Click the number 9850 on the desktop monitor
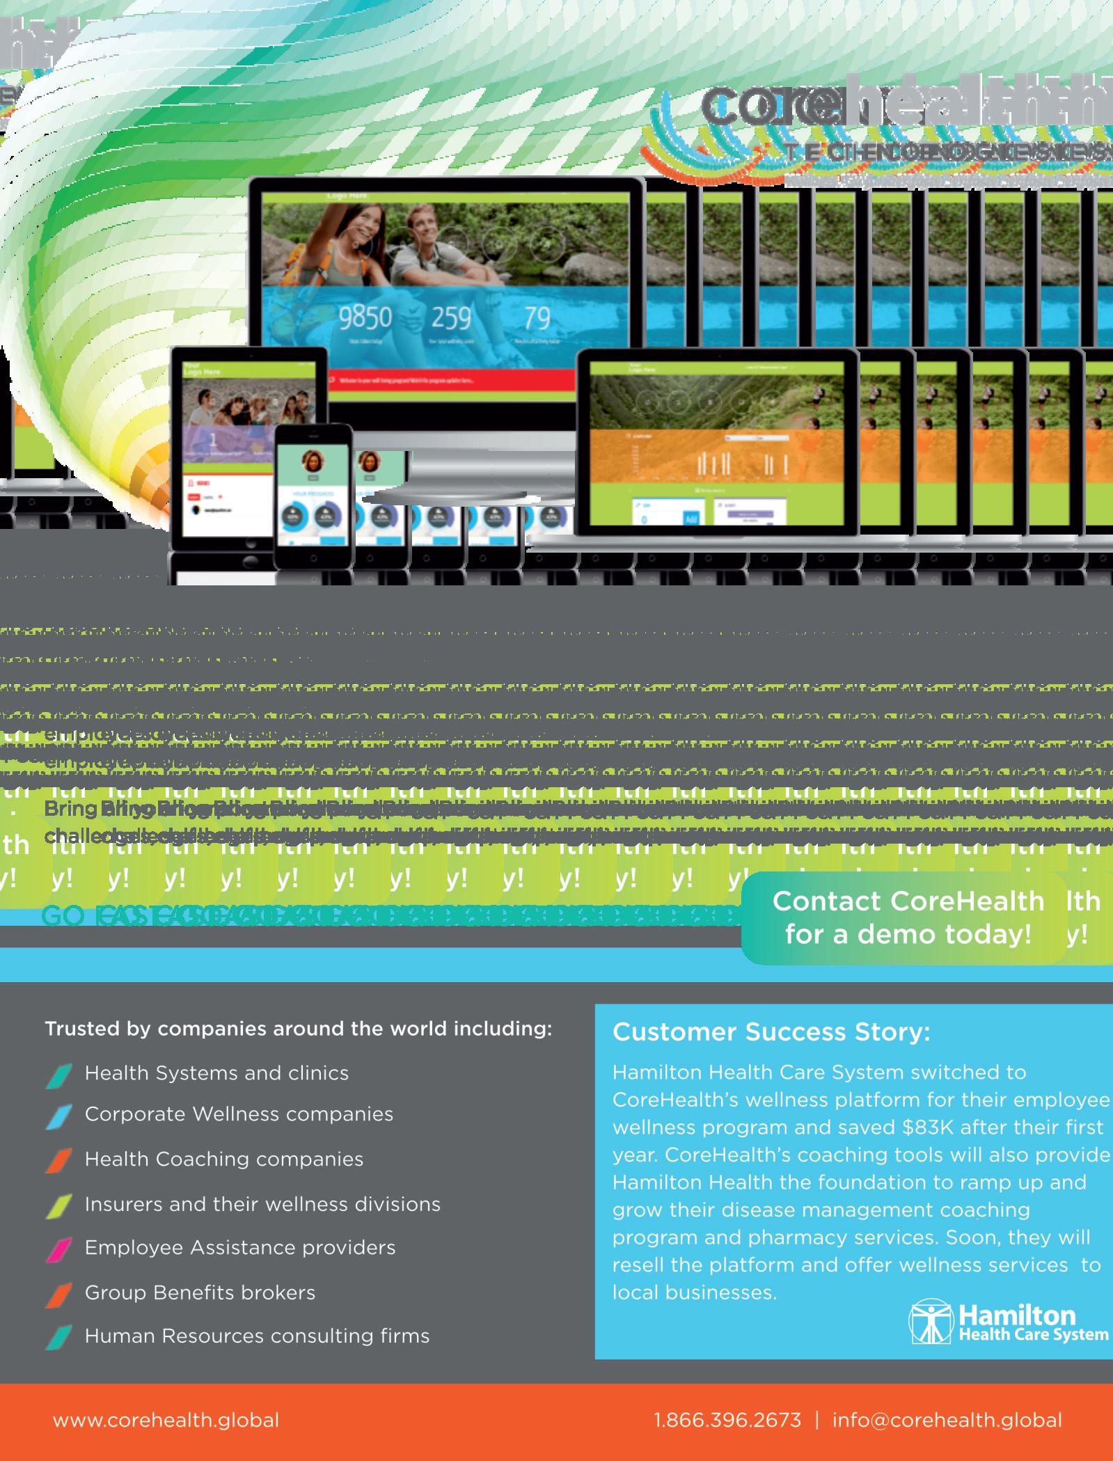365,318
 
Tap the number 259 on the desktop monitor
452,318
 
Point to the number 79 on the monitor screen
537,318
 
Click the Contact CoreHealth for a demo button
908,917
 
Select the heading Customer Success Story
771,1032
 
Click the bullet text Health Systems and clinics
216,1073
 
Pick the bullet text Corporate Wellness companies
239,1114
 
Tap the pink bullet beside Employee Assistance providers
59,1249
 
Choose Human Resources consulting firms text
257,1336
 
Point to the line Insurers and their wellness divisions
262,1204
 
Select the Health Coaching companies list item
223,1160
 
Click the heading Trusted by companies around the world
298,1029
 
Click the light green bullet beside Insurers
59,1206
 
